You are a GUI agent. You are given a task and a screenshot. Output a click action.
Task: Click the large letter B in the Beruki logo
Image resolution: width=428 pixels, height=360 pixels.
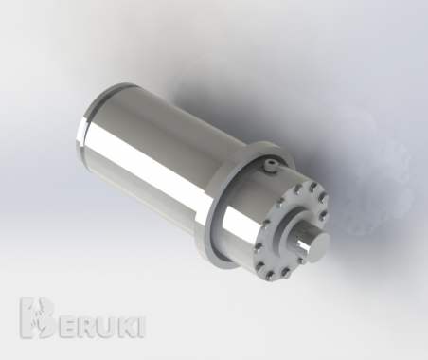pos(36,318)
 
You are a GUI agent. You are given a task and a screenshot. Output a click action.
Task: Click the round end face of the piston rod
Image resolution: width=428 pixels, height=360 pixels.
pos(319,247)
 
